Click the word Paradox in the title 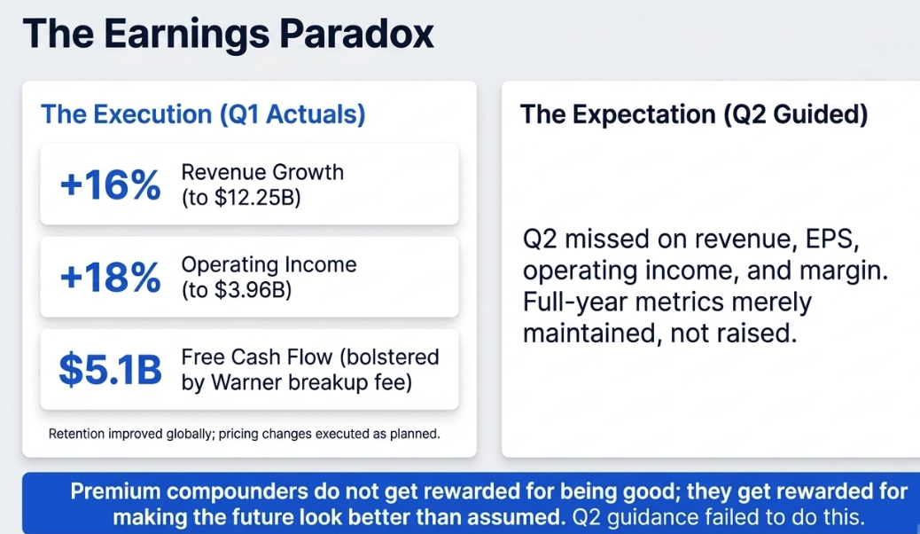click(356, 33)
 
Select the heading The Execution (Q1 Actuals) click(203, 114)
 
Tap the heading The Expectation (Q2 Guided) click(694, 114)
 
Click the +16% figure click(110, 185)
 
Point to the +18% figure click(110, 277)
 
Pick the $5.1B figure click(110, 370)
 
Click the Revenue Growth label click(262, 172)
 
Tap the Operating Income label click(269, 265)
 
